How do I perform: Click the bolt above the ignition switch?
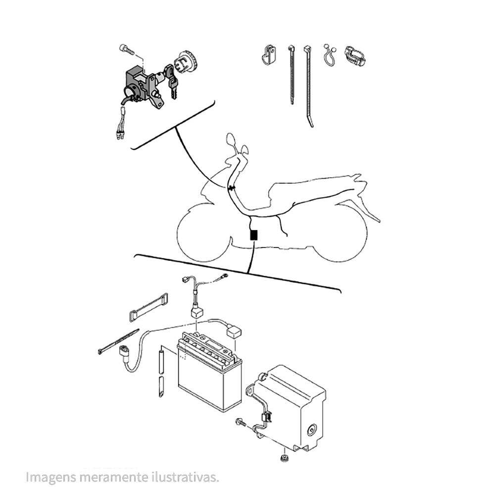click(x=127, y=49)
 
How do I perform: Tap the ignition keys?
click(x=171, y=82)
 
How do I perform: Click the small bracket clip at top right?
click(x=269, y=54)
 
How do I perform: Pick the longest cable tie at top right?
click(x=308, y=86)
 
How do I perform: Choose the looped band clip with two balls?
click(x=330, y=55)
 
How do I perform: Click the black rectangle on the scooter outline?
click(x=253, y=235)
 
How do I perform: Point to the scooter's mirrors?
click(x=238, y=145)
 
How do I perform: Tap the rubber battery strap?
click(x=148, y=307)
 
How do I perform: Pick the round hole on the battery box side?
click(x=312, y=430)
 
